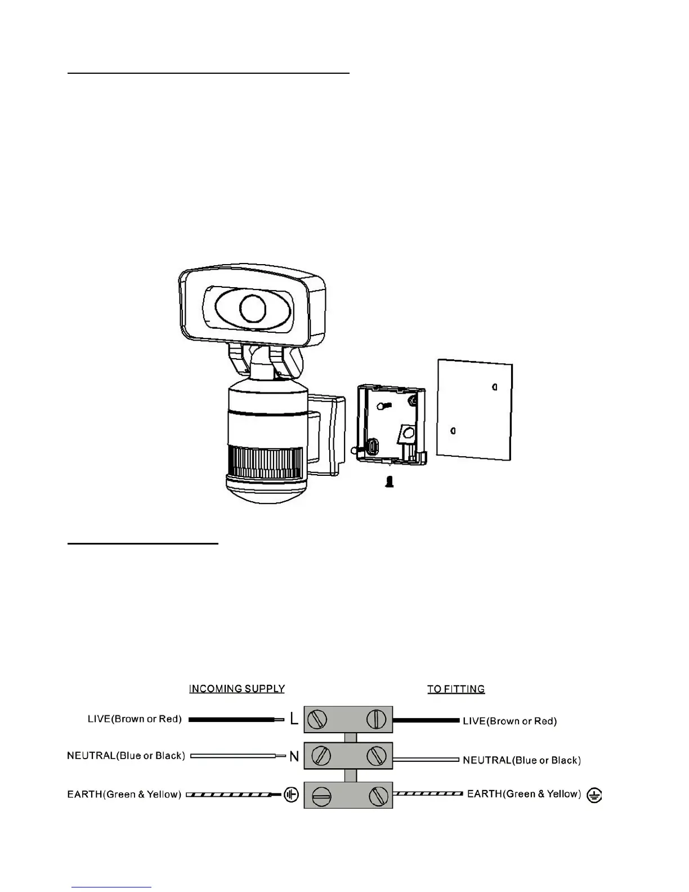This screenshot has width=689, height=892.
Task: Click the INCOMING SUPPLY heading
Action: click(237, 689)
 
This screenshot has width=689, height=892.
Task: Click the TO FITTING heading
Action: click(456, 689)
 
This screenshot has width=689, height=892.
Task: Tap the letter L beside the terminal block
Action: click(294, 719)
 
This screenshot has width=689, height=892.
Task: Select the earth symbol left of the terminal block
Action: click(291, 795)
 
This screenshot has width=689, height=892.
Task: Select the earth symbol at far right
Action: click(594, 795)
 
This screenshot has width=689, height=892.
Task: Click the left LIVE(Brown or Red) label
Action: click(135, 719)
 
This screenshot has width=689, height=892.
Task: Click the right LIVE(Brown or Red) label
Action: click(509, 721)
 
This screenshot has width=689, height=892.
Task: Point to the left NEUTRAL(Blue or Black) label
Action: click(126, 756)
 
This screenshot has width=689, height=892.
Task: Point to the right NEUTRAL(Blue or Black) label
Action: click(522, 760)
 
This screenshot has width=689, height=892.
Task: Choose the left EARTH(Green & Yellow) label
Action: click(124, 795)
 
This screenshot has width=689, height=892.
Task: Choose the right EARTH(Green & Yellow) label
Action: click(524, 794)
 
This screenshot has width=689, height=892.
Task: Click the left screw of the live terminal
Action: click(320, 720)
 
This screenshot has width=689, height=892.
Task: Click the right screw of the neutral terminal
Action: click(376, 756)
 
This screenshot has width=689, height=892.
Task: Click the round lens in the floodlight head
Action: click(253, 307)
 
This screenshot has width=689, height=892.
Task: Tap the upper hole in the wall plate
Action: click(494, 387)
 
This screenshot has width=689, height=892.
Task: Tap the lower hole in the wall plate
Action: click(453, 431)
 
